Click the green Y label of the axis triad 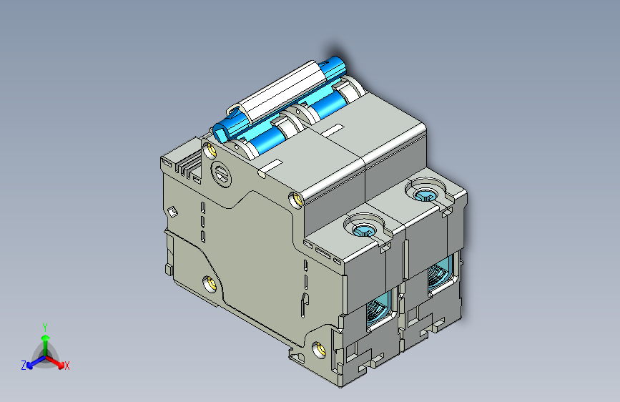click(44, 325)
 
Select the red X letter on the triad click(67, 366)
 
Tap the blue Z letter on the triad click(24, 366)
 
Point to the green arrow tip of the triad click(44, 337)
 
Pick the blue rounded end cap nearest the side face click(227, 129)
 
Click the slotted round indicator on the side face click(222, 175)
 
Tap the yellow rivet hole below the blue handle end click(210, 149)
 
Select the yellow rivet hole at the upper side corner click(295, 198)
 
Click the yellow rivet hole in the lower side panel click(210, 284)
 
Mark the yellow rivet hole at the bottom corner click(320, 350)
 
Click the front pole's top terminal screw click(365, 228)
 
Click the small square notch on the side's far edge click(172, 211)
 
